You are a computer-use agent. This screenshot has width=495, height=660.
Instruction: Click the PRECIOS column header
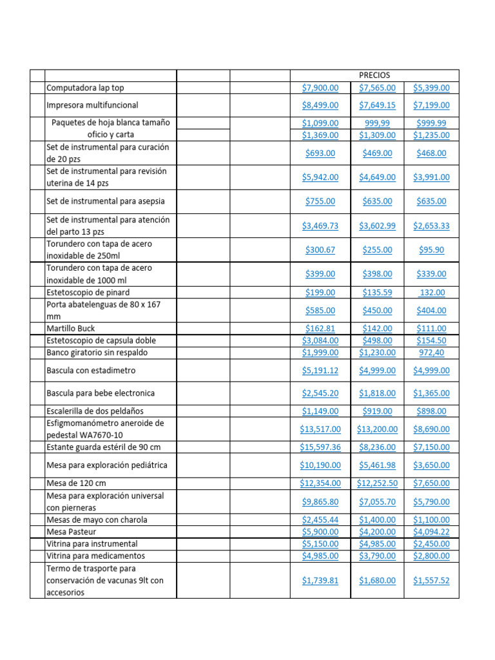pyautogui.click(x=374, y=75)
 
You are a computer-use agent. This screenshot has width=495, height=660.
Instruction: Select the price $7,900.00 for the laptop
pyautogui.click(x=320, y=88)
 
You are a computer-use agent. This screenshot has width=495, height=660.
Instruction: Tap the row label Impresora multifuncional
pyautogui.click(x=92, y=105)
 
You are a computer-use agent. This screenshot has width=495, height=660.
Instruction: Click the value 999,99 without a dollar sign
pyautogui.click(x=377, y=123)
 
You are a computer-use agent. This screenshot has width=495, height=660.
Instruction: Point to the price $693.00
pyautogui.click(x=320, y=153)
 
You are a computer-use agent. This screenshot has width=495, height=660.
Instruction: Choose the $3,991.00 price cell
pyautogui.click(x=431, y=177)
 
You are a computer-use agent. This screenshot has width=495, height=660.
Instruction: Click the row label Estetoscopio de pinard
pyautogui.click(x=88, y=293)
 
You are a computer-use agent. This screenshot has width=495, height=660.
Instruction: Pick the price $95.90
pyautogui.click(x=431, y=250)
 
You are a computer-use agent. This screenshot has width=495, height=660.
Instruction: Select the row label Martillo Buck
pyautogui.click(x=70, y=329)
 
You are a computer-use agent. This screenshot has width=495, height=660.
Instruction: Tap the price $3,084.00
pyautogui.click(x=320, y=340)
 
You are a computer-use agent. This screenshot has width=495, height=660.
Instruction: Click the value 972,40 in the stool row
pyautogui.click(x=431, y=353)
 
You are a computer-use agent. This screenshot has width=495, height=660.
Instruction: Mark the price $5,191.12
pyautogui.click(x=320, y=371)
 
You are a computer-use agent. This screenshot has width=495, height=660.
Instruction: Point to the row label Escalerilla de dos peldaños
pyautogui.click(x=95, y=411)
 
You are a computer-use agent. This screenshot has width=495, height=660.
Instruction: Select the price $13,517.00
pyautogui.click(x=320, y=429)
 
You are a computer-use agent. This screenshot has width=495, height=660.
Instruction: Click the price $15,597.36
pyautogui.click(x=320, y=447)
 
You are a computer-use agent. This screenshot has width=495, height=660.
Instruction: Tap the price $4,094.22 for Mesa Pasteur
pyautogui.click(x=431, y=532)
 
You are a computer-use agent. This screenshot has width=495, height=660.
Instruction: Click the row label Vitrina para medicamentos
pyautogui.click(x=95, y=556)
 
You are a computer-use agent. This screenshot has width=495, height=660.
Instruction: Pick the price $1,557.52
pyautogui.click(x=431, y=581)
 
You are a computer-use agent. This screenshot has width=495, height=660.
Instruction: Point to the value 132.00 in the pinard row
pyautogui.click(x=431, y=293)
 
